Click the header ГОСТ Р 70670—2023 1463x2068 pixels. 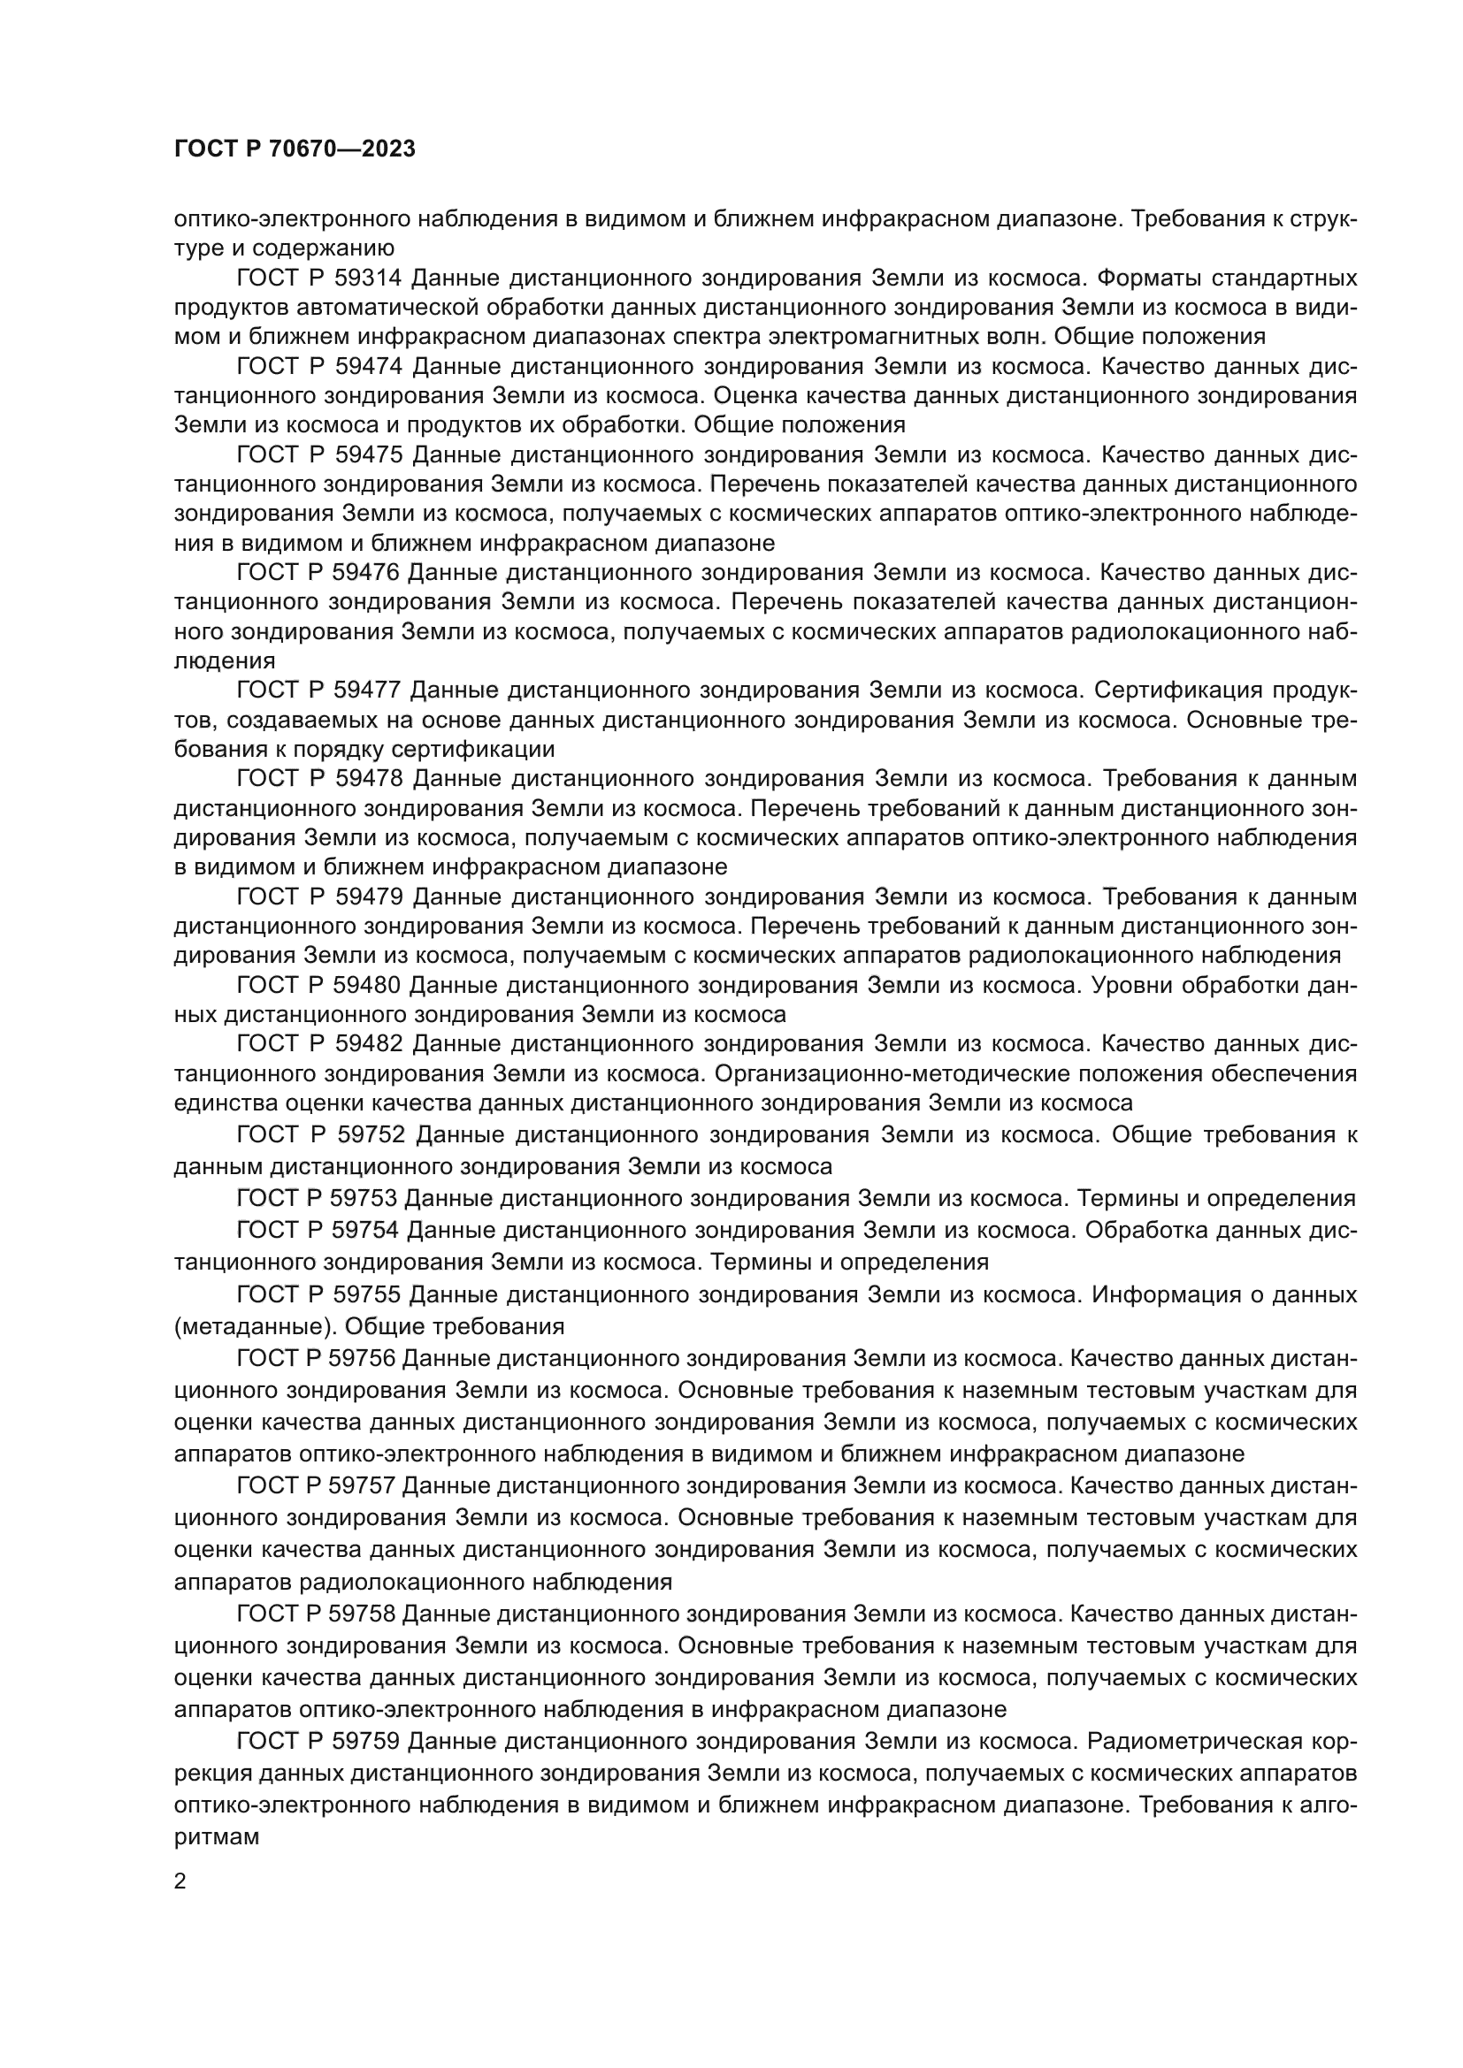point(295,149)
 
